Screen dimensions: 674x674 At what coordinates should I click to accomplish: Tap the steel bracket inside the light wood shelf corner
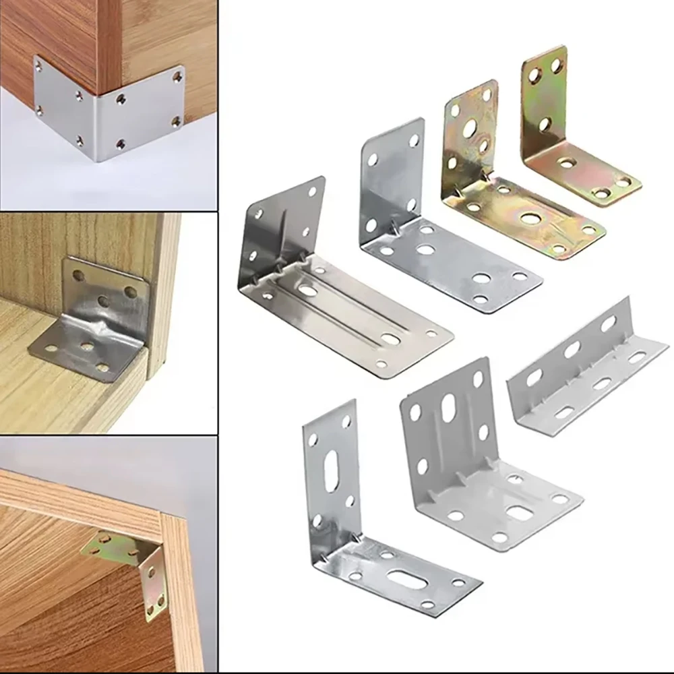94,317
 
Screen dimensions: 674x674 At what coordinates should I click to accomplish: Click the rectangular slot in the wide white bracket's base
518,513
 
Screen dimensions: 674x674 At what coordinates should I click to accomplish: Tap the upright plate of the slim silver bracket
330,472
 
